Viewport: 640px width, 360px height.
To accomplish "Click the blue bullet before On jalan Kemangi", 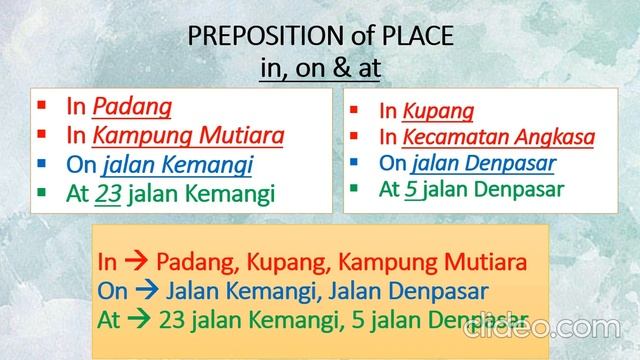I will click(42, 163).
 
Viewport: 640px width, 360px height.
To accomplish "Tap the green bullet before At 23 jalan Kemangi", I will click(42, 193).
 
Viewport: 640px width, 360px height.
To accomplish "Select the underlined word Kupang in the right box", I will click(439, 112).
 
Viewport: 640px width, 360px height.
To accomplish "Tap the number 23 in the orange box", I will click(172, 320).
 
